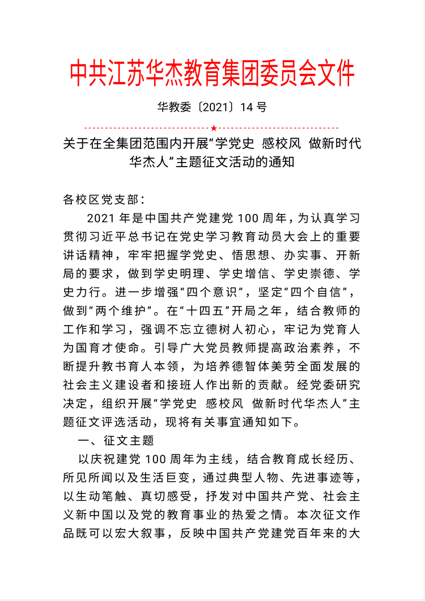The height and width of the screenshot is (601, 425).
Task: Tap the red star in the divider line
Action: click(x=213, y=128)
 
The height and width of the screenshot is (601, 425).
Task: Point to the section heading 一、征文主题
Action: click(x=115, y=439)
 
